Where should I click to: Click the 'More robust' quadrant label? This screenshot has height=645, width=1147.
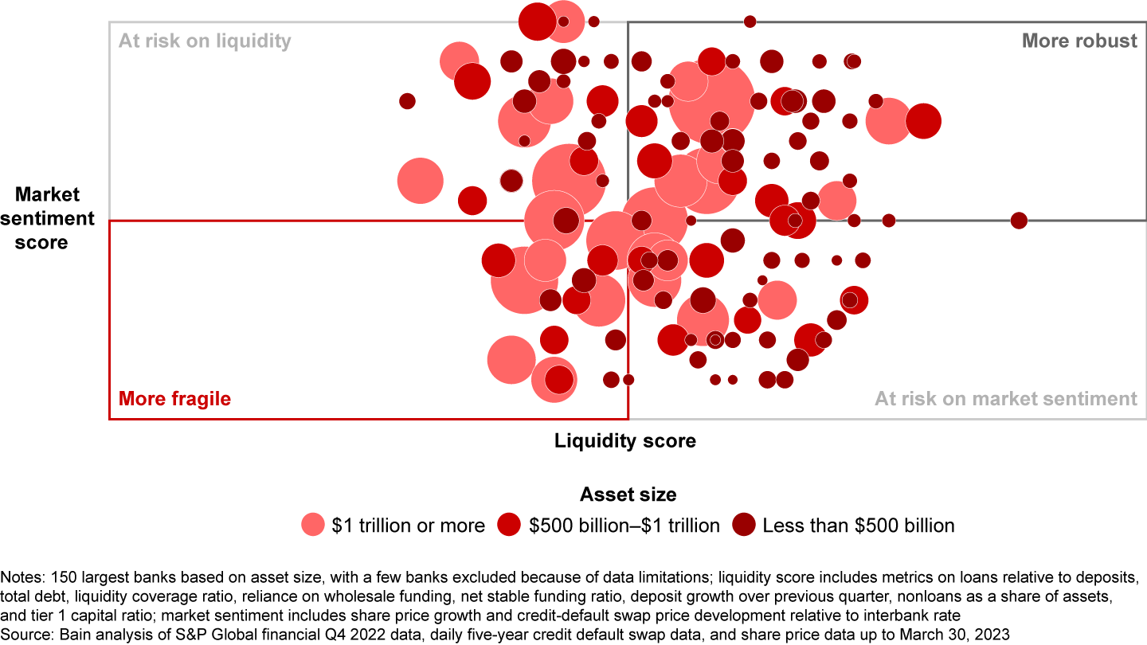pos(1079,41)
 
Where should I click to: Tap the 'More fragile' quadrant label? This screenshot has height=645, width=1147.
pos(174,398)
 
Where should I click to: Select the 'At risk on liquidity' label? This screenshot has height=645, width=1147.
pos(205,41)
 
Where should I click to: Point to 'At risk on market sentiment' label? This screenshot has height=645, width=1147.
pos(1005,398)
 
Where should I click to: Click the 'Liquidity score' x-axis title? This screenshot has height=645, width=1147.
pos(625,440)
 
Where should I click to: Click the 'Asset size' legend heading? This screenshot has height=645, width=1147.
pos(628,494)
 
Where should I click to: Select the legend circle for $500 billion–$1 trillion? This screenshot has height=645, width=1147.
pos(510,525)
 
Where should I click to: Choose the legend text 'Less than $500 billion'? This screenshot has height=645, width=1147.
pos(858,526)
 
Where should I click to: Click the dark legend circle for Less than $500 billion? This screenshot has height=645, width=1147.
pos(743,525)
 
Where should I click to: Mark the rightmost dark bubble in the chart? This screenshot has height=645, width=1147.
pos(1019,221)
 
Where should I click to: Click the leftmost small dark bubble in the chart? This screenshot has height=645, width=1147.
pos(407,101)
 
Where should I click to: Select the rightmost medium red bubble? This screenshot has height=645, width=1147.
pos(923,122)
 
